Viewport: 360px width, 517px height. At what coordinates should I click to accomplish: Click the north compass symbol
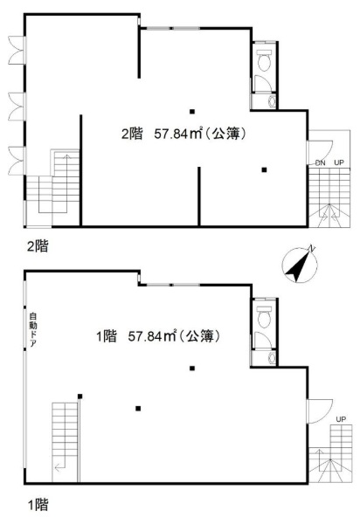point(300,265)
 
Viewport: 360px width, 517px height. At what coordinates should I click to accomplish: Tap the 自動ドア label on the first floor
point(33,330)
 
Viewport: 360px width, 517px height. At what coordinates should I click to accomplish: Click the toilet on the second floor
point(264,60)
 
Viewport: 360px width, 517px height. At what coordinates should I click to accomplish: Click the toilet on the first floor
point(264,317)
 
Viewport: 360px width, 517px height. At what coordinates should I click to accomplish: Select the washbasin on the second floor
point(272,101)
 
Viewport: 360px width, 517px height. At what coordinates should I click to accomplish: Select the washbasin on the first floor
point(272,358)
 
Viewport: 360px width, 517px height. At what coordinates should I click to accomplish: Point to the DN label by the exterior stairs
point(320,162)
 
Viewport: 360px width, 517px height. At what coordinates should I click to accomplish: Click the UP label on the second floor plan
point(339,162)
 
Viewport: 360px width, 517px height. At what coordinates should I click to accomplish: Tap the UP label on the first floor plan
point(341,419)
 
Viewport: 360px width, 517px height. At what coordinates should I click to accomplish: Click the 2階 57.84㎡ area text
point(183,134)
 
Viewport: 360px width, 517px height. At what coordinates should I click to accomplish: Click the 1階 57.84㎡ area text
point(158,336)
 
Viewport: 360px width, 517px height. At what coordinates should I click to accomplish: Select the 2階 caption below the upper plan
point(38,246)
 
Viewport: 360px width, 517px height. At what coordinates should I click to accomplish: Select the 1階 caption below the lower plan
point(38,505)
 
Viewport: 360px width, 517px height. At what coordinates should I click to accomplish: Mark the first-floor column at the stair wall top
point(80,396)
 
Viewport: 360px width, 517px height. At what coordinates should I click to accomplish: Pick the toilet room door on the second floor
point(263,83)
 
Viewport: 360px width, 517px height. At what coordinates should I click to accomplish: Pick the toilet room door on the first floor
point(263,340)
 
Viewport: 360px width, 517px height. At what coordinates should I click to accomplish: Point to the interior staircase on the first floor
point(65,442)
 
